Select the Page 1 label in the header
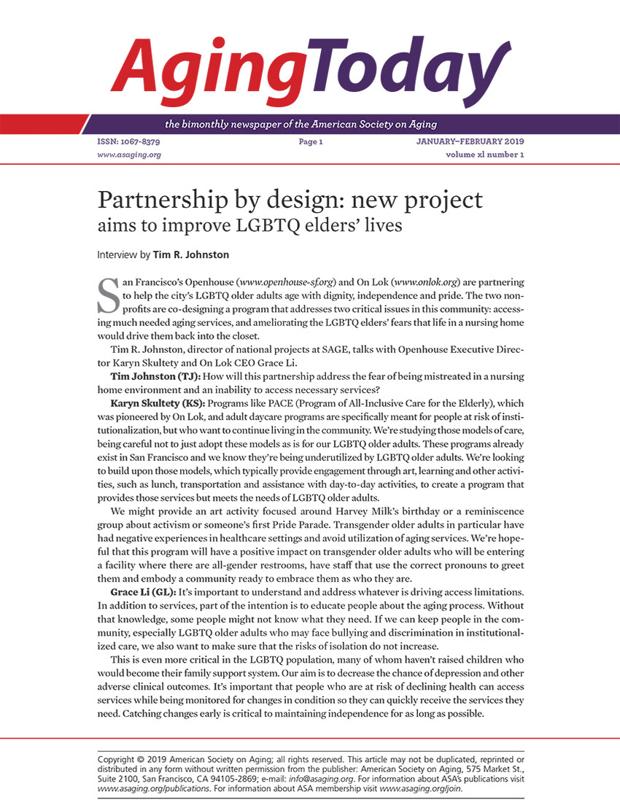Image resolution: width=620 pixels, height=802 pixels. pyautogui.click(x=310, y=141)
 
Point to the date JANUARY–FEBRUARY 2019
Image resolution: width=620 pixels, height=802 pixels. pyautogui.click(x=465, y=141)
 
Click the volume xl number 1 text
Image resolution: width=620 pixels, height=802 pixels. pyautogui.click(x=484, y=155)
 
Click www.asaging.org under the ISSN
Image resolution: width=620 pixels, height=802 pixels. pyautogui.click(x=129, y=155)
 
